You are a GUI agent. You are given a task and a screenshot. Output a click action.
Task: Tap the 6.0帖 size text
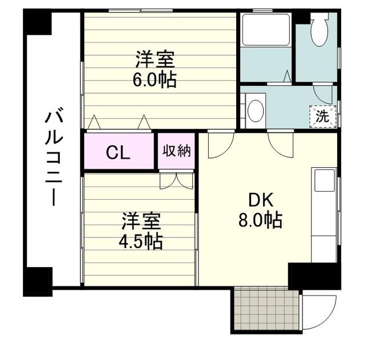click(154, 79)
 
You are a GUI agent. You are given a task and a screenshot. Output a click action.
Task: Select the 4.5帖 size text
click(141, 241)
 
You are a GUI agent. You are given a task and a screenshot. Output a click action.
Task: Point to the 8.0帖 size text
click(260, 220)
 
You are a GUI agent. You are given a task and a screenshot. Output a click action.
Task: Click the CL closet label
click(119, 152)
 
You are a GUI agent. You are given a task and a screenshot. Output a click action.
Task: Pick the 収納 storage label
click(177, 151)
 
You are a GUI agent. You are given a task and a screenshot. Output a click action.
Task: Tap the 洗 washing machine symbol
click(323, 117)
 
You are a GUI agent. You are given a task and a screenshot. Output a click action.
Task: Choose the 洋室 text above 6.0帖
click(154, 59)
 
